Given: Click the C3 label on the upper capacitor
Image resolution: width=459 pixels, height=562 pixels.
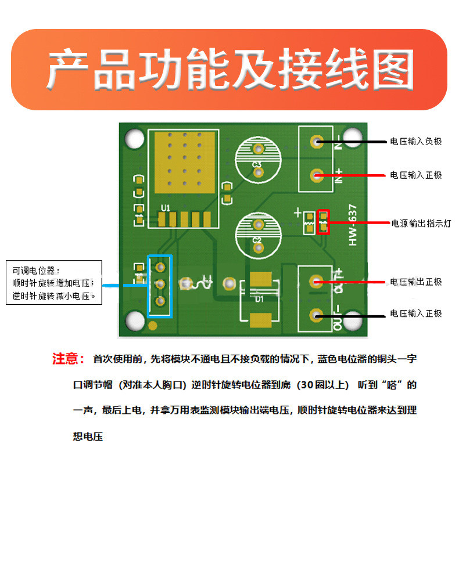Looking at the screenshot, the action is click(x=257, y=164).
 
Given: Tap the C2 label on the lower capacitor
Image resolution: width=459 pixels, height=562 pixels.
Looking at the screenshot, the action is click(x=257, y=240).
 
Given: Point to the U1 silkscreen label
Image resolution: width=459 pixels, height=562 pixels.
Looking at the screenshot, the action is click(x=166, y=208).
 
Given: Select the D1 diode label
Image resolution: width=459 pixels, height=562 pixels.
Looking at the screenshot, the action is click(x=259, y=299).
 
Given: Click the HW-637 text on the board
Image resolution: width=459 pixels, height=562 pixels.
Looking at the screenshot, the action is click(x=353, y=225).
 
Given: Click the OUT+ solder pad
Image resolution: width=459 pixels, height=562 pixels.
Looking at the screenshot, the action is click(x=316, y=282).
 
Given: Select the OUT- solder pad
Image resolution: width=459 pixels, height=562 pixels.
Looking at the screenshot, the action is click(x=316, y=315).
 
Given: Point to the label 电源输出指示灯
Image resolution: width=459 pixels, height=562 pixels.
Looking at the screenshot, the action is click(x=421, y=224).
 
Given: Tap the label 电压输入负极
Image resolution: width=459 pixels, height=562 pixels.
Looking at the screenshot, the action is click(x=416, y=142).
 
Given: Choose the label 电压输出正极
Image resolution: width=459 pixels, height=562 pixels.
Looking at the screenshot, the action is click(x=416, y=282).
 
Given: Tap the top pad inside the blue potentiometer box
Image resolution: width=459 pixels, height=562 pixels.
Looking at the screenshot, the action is click(x=160, y=267).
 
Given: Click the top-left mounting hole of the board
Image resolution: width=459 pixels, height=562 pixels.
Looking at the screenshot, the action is click(x=135, y=139).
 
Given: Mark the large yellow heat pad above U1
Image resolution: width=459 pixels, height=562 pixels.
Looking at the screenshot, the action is click(x=185, y=163).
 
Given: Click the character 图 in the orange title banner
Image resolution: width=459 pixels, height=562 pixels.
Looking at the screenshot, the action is click(x=393, y=70).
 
